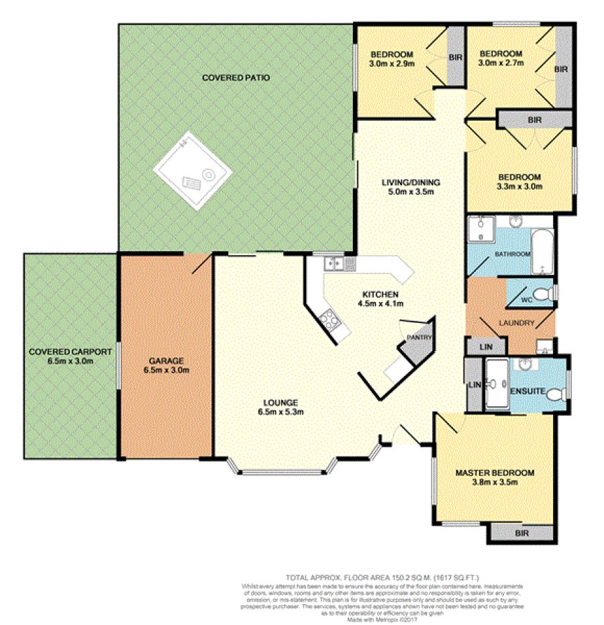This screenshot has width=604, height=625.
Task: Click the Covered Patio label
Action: tap(236, 78)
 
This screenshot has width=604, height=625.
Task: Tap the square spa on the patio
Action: tap(193, 173)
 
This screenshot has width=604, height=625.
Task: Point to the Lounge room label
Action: tap(281, 402)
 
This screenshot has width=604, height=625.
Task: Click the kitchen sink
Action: tap(333, 264)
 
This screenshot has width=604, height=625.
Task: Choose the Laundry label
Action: tap(517, 323)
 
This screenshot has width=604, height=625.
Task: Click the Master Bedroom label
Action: tap(495, 473)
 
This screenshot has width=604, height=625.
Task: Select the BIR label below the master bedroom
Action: tap(522, 532)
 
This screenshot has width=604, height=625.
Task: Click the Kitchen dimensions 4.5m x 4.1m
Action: tap(381, 303)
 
